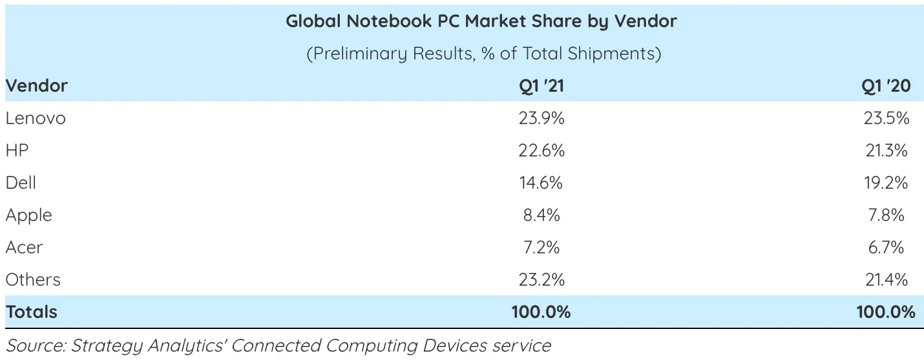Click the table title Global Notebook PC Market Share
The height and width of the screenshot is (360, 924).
point(481,21)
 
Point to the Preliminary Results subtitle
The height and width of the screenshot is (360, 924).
point(483,54)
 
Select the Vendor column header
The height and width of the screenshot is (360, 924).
point(37,86)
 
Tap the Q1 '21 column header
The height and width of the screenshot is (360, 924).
point(541,86)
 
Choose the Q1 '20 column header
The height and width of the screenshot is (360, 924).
point(886,86)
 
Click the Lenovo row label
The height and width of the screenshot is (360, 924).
point(36,118)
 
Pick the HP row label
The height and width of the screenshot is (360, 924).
point(17,151)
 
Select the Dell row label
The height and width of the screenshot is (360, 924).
point(21,183)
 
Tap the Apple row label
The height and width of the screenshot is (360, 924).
point(28,215)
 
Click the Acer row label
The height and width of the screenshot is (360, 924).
point(24,248)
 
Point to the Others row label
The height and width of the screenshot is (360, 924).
point(33,280)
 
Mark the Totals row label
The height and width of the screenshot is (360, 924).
point(32,312)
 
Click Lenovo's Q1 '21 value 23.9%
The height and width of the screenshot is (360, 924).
point(541,118)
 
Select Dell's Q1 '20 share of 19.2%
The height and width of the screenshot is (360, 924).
point(886,183)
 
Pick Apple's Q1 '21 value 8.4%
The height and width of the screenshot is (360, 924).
point(541,215)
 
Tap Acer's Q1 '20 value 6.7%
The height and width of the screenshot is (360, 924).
point(886,248)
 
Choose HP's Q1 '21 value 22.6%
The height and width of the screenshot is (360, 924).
point(541,151)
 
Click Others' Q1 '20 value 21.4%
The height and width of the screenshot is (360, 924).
point(886,280)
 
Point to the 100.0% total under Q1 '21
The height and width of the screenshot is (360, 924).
point(541,312)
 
